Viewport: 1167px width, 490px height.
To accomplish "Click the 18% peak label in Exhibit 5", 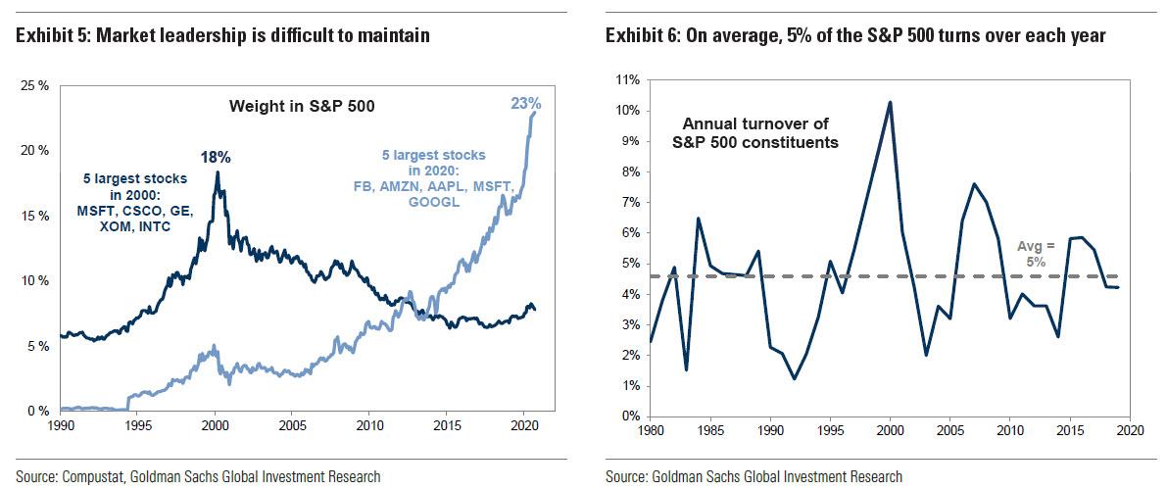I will (x=218, y=156).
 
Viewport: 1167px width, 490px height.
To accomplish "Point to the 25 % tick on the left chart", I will (x=34, y=86).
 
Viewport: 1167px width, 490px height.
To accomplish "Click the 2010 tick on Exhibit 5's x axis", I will (x=369, y=427).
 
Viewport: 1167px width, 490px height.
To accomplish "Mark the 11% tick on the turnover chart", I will (x=627, y=79).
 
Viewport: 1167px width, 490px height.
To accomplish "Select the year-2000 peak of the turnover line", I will (x=889, y=102).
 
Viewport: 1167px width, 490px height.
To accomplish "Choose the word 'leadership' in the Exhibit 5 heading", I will (x=198, y=36).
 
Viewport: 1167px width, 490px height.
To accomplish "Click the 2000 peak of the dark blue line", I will (x=217, y=172).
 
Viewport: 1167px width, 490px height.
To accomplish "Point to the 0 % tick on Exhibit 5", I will (x=38, y=410).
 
